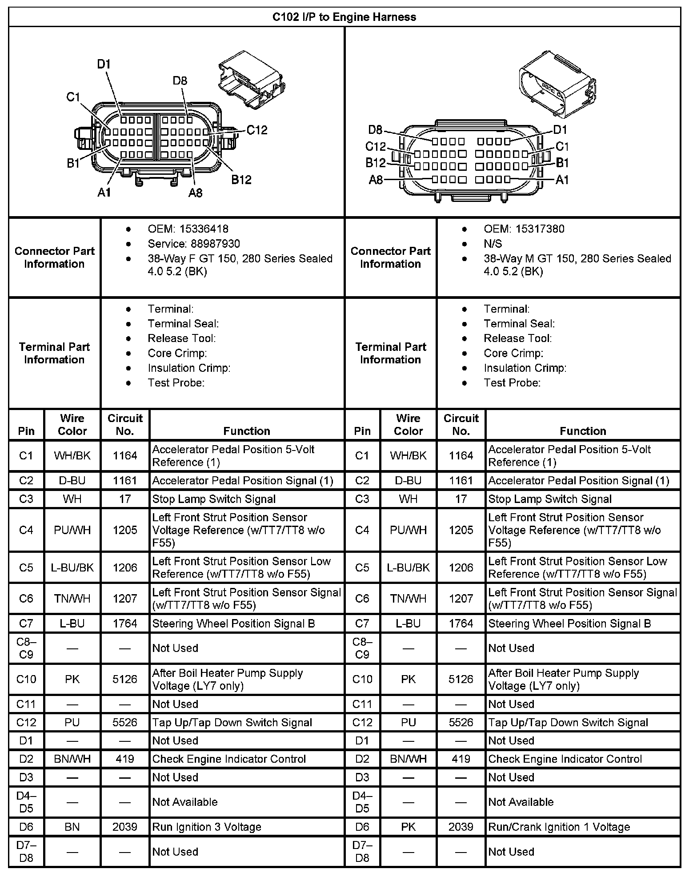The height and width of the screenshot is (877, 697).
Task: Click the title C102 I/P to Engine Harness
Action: (344, 17)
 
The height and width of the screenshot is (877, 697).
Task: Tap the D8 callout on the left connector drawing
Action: (180, 81)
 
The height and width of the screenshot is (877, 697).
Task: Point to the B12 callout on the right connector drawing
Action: (375, 163)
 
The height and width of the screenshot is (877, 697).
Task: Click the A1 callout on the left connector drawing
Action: (104, 192)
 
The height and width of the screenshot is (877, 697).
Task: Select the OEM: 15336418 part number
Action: (188, 229)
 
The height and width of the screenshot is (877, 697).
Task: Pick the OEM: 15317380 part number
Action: (524, 229)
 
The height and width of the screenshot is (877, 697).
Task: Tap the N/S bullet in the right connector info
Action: (493, 244)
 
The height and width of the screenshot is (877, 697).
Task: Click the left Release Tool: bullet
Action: (182, 338)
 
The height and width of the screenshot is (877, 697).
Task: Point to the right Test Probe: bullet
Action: (512, 383)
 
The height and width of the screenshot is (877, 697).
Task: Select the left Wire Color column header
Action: (72, 425)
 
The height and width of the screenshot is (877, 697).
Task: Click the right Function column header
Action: (583, 431)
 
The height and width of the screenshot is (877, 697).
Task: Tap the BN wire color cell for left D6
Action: (72, 827)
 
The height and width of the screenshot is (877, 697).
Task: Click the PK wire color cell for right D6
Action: (409, 827)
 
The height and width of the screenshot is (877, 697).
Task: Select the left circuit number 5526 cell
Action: (125, 723)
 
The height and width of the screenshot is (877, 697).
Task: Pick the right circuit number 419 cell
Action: (461, 759)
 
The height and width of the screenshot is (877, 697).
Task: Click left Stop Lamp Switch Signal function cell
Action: (214, 499)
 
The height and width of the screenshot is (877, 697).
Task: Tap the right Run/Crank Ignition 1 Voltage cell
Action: (559, 827)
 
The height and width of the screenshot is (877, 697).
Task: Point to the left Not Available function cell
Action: (185, 802)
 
